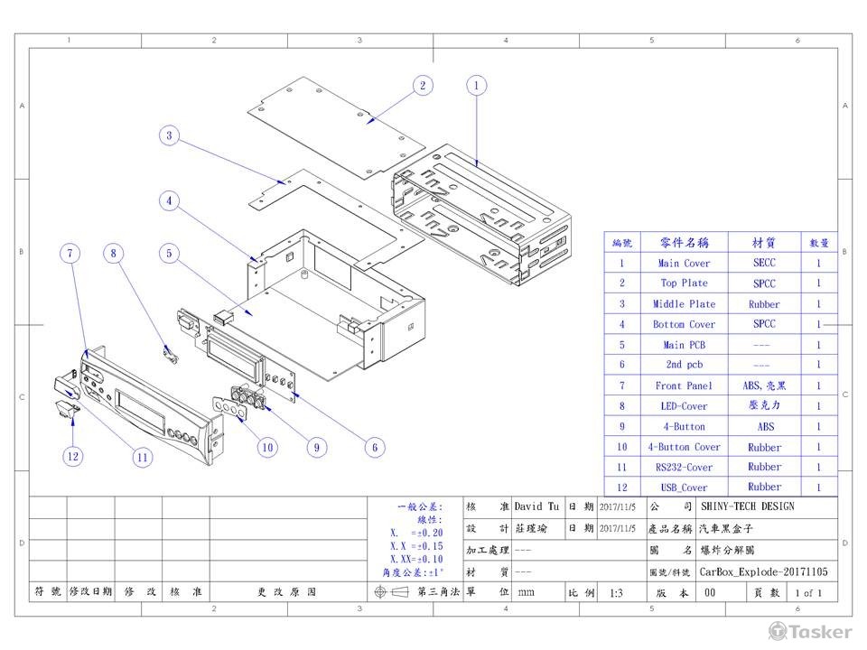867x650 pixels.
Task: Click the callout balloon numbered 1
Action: (476, 86)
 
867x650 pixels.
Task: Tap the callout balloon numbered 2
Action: (422, 86)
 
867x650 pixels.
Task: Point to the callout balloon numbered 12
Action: (72, 456)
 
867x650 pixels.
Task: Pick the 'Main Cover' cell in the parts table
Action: (684, 264)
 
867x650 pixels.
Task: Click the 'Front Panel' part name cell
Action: (684, 385)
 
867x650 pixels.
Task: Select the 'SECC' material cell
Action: (764, 263)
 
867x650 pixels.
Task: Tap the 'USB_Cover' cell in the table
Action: (684, 487)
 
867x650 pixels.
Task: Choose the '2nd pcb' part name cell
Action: (684, 365)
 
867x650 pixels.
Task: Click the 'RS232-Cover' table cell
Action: (684, 468)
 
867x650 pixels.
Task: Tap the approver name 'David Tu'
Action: (536, 506)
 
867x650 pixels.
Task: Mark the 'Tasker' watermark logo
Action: (809, 630)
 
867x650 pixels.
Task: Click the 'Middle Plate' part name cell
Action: (684, 304)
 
